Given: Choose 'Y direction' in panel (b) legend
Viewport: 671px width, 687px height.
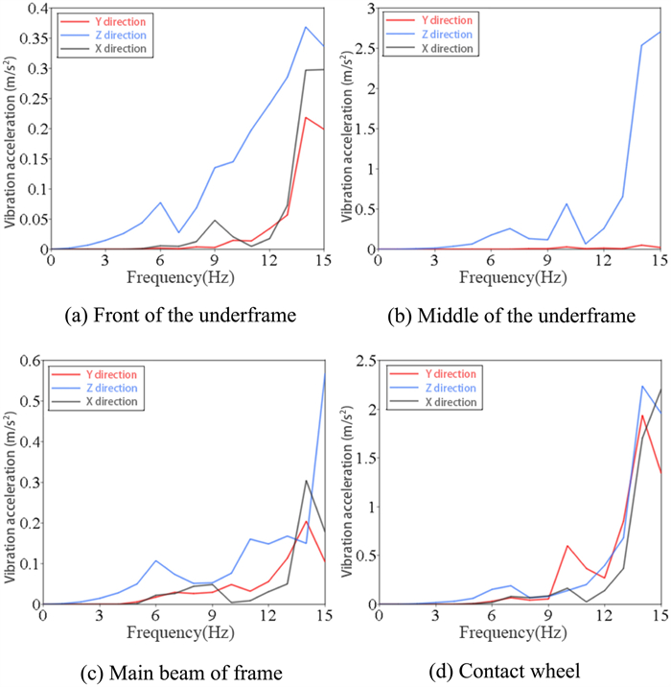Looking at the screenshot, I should pos(448,19).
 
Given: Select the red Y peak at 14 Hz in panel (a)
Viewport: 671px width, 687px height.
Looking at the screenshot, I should pos(305,117).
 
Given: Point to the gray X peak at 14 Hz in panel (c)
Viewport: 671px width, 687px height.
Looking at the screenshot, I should pos(306,481).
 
